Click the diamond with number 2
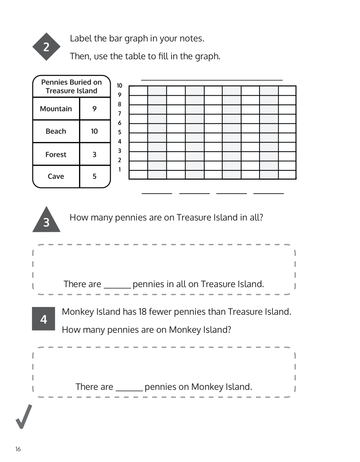(46, 47)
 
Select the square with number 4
(43, 319)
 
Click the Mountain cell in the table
(56, 109)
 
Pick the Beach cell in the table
(56, 131)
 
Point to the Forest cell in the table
(56, 155)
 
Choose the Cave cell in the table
(56, 176)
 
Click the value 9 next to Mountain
(95, 109)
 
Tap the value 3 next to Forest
(95, 155)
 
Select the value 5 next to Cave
(95, 176)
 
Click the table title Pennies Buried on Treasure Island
(71, 87)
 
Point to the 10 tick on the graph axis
(119, 86)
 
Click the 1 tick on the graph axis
(119, 170)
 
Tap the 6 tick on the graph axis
(119, 123)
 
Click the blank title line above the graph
(212, 79)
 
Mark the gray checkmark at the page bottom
(24, 417)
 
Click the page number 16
(18, 449)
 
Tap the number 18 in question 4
(142, 312)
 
